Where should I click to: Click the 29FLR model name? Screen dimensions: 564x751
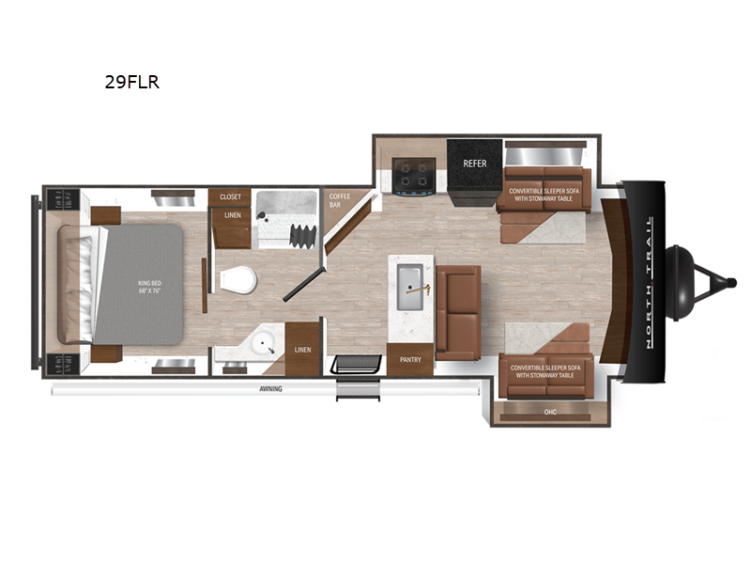click(x=132, y=82)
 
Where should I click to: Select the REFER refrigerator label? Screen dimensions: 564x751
click(x=475, y=164)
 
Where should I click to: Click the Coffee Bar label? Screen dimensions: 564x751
click(x=338, y=200)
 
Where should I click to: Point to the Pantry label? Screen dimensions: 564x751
click(x=410, y=359)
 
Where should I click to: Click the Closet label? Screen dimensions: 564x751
click(x=230, y=196)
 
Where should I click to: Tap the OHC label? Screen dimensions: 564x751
click(x=550, y=411)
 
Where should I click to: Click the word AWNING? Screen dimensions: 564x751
click(x=271, y=388)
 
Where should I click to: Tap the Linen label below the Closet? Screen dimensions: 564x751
click(x=230, y=215)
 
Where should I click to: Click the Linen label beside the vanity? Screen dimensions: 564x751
click(x=302, y=350)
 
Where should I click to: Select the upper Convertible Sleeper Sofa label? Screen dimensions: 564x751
click(x=542, y=195)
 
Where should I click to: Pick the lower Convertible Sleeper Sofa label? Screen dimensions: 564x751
click(x=542, y=371)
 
